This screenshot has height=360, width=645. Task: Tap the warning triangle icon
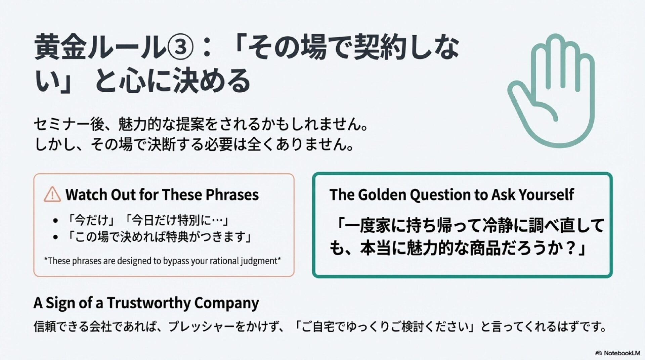tap(52, 194)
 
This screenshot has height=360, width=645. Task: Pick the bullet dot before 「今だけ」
tap(56, 221)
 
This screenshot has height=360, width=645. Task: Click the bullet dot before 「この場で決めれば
tap(56, 237)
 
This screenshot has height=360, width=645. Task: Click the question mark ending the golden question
tap(570, 249)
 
